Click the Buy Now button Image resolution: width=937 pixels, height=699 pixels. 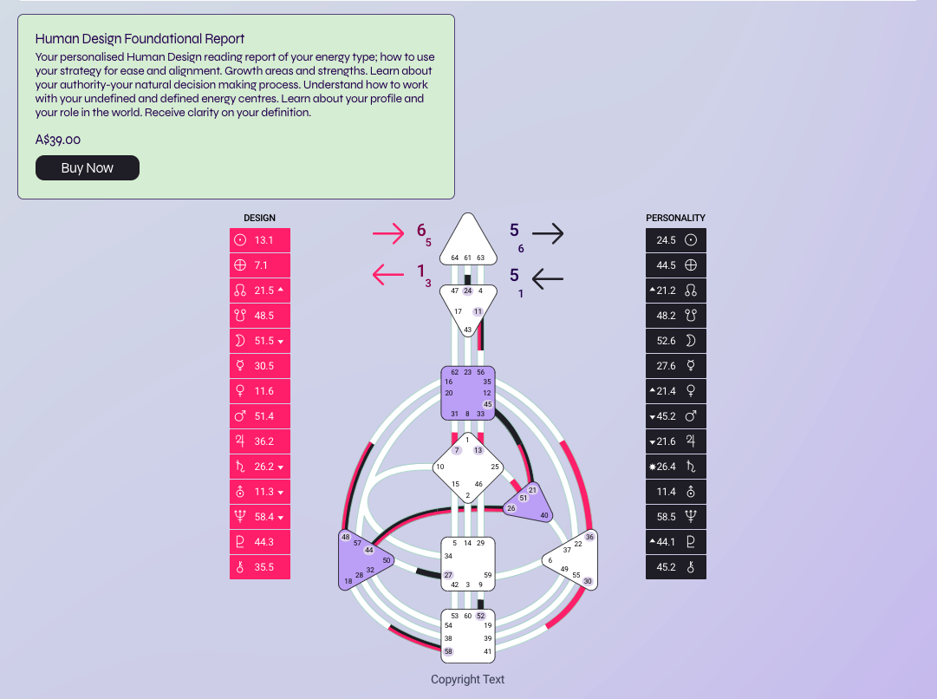tap(87, 168)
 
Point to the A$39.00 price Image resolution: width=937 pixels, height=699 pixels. tap(58, 140)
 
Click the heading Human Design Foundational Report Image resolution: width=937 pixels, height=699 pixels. tap(140, 39)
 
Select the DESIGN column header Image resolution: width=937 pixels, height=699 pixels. tap(259, 218)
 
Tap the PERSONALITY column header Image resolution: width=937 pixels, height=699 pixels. tap(675, 218)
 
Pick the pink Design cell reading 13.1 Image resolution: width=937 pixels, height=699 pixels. tap(260, 240)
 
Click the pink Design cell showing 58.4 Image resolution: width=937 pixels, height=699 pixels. tap(260, 517)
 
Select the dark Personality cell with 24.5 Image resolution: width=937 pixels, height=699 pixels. tap(676, 240)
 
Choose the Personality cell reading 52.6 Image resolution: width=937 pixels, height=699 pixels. tap(676, 341)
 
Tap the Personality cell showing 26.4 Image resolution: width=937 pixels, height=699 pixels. tap(676, 467)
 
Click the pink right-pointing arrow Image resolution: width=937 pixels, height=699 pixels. tap(388, 232)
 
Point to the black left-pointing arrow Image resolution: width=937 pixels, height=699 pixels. tap(547, 278)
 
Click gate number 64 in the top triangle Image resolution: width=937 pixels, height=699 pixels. tap(454, 258)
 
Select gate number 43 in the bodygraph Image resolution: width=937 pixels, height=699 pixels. tap(468, 330)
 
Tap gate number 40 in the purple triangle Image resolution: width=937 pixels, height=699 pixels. tap(544, 515)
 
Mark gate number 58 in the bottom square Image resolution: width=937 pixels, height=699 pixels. tap(448, 651)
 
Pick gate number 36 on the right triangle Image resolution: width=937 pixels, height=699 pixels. tap(590, 537)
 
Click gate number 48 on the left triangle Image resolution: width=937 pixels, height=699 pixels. tap(346, 537)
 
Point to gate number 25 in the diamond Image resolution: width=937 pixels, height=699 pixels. tap(495, 467)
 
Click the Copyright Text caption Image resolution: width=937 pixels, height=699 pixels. tap(468, 680)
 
